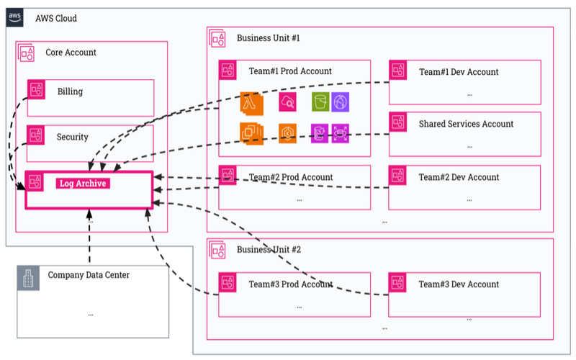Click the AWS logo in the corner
click(14, 17)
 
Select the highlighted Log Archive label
click(83, 184)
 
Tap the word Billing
click(70, 91)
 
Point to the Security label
click(73, 137)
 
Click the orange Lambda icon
click(251, 103)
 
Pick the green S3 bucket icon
click(320, 102)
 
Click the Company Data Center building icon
click(28, 278)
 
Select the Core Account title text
click(71, 53)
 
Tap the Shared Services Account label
click(466, 124)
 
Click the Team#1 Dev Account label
click(459, 72)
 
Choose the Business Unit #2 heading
click(269, 250)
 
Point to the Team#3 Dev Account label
click(459, 284)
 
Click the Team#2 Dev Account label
click(459, 177)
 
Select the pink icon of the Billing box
click(37, 89)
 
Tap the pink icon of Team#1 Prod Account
click(228, 70)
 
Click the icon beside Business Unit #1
click(217, 39)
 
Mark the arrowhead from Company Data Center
click(89, 214)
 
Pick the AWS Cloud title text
click(56, 19)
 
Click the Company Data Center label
click(89, 275)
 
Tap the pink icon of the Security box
click(35, 135)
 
